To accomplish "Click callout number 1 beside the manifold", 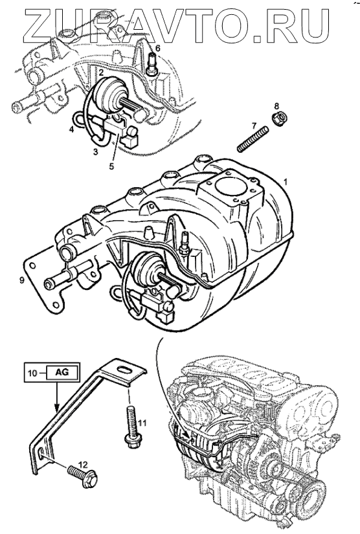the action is [286, 182].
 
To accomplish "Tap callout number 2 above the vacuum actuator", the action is [101, 72].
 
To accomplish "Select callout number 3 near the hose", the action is [96, 151].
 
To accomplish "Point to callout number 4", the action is [72, 129].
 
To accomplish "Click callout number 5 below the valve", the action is [111, 166].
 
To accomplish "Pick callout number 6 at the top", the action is [157, 48].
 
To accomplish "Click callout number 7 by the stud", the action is [254, 126].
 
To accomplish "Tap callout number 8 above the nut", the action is [276, 106].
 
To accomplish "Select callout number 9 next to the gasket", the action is [22, 280].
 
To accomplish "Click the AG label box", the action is [62, 372].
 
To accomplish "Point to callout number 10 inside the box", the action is [32, 373].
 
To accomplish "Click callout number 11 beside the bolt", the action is [142, 423].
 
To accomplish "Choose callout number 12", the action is [83, 464].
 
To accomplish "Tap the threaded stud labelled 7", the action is [253, 139].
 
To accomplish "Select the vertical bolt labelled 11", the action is [131, 428].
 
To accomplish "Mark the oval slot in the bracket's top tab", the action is [123, 369].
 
